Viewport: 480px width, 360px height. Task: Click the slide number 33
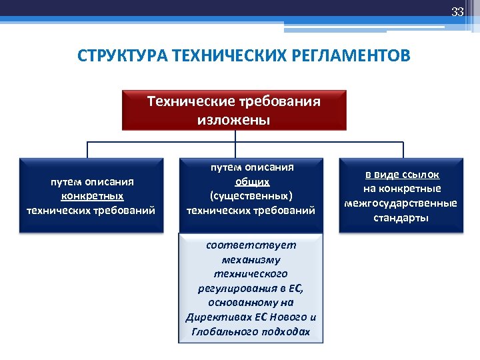pos(457,12)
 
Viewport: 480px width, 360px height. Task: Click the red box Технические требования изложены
pos(234,110)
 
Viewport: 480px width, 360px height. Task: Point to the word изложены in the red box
pos(234,120)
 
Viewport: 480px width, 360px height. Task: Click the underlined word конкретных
pos(92,195)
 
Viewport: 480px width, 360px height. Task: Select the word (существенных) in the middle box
pos(251,196)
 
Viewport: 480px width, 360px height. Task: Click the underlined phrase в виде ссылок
pos(402,174)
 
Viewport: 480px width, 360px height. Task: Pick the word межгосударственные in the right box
pos(401,203)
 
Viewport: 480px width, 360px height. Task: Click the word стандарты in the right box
pos(401,217)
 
